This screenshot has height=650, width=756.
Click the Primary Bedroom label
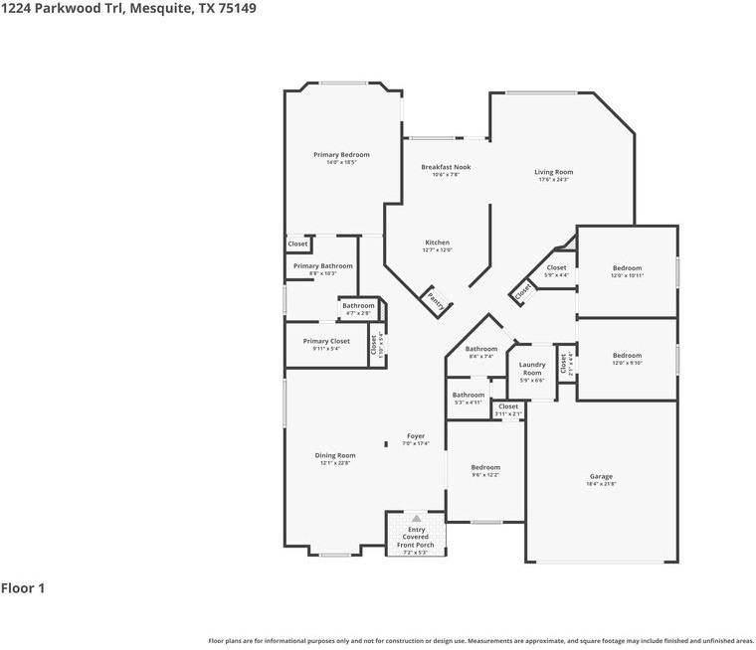click(341, 155)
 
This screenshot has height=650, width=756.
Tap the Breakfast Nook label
click(446, 167)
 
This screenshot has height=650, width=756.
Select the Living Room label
click(554, 172)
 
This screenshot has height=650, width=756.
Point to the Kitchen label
click(438, 243)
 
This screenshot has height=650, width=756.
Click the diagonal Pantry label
click(435, 300)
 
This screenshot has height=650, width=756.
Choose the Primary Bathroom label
click(322, 265)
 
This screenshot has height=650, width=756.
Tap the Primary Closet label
click(326, 341)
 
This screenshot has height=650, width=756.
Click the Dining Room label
click(335, 455)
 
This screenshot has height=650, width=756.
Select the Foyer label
click(416, 436)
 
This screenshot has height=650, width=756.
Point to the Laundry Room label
click(532, 369)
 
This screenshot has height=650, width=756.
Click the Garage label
click(601, 476)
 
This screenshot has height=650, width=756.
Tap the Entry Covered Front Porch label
click(416, 538)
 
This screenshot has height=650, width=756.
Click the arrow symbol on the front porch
click(416, 519)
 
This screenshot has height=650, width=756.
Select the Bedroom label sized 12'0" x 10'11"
click(628, 268)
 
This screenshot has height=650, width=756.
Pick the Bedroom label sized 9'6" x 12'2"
click(485, 467)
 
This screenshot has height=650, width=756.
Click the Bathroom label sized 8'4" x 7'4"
click(481, 349)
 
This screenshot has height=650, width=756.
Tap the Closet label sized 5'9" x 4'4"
click(556, 267)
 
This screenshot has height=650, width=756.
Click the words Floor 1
click(23, 588)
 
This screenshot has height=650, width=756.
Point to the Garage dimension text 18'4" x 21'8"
click(601, 484)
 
